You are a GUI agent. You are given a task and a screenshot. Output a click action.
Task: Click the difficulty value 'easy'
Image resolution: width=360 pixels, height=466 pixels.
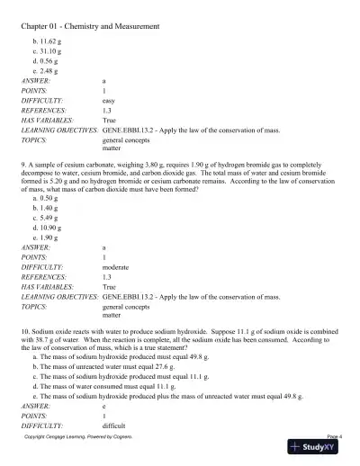tap(111, 102)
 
